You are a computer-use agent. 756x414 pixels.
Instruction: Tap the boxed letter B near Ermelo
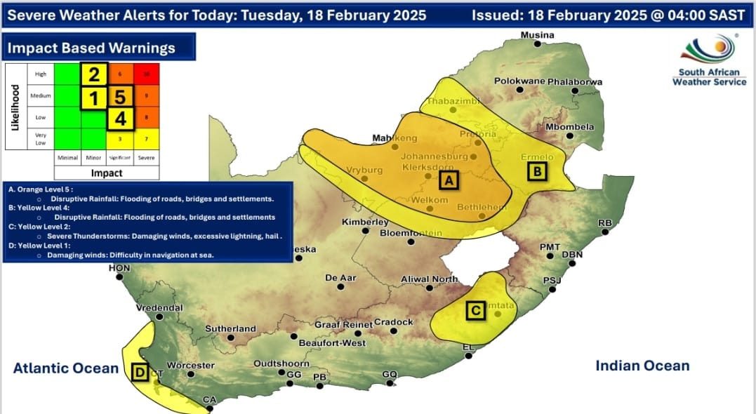click(537, 171)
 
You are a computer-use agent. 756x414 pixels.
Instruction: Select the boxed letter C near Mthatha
click(475, 309)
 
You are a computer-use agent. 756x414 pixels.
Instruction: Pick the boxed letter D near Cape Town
click(140, 373)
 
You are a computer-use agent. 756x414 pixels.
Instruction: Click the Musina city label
click(537, 35)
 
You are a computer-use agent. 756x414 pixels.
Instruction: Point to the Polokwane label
click(519, 81)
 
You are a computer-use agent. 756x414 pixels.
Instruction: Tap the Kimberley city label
click(365, 222)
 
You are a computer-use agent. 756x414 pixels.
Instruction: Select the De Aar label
click(341, 278)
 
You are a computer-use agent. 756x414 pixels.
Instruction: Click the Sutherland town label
click(230, 328)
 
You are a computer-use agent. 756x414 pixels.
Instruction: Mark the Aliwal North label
click(429, 279)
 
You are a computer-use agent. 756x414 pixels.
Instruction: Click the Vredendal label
click(159, 307)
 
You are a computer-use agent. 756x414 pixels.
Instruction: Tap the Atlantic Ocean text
click(66, 368)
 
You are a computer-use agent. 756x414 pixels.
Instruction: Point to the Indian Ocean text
click(642, 366)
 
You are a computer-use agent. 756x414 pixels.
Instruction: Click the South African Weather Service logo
click(709, 61)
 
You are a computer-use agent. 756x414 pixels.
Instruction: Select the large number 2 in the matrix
click(94, 74)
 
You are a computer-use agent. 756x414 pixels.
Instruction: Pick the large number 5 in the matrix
click(121, 96)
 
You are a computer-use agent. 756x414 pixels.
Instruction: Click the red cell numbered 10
click(147, 74)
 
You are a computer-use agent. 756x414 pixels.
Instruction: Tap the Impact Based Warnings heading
click(91, 48)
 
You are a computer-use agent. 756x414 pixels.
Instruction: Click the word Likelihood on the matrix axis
click(15, 107)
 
